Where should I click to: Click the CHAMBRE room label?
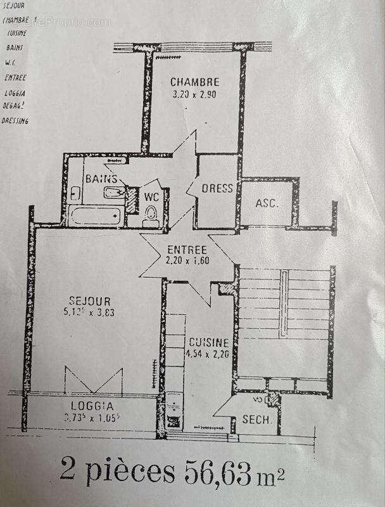194,82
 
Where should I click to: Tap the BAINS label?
101,179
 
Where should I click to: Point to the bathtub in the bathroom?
94,216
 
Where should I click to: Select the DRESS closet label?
217,188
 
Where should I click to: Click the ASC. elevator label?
267,203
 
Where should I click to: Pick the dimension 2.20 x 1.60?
187,260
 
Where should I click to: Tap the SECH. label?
256,420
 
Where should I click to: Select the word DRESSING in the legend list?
15,120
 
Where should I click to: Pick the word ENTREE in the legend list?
15,78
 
